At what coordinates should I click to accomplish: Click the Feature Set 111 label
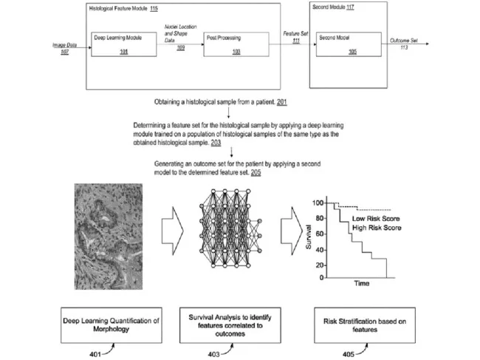(288, 38)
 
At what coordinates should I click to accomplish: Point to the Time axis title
(362, 283)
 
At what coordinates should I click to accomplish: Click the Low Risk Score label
(380, 220)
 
